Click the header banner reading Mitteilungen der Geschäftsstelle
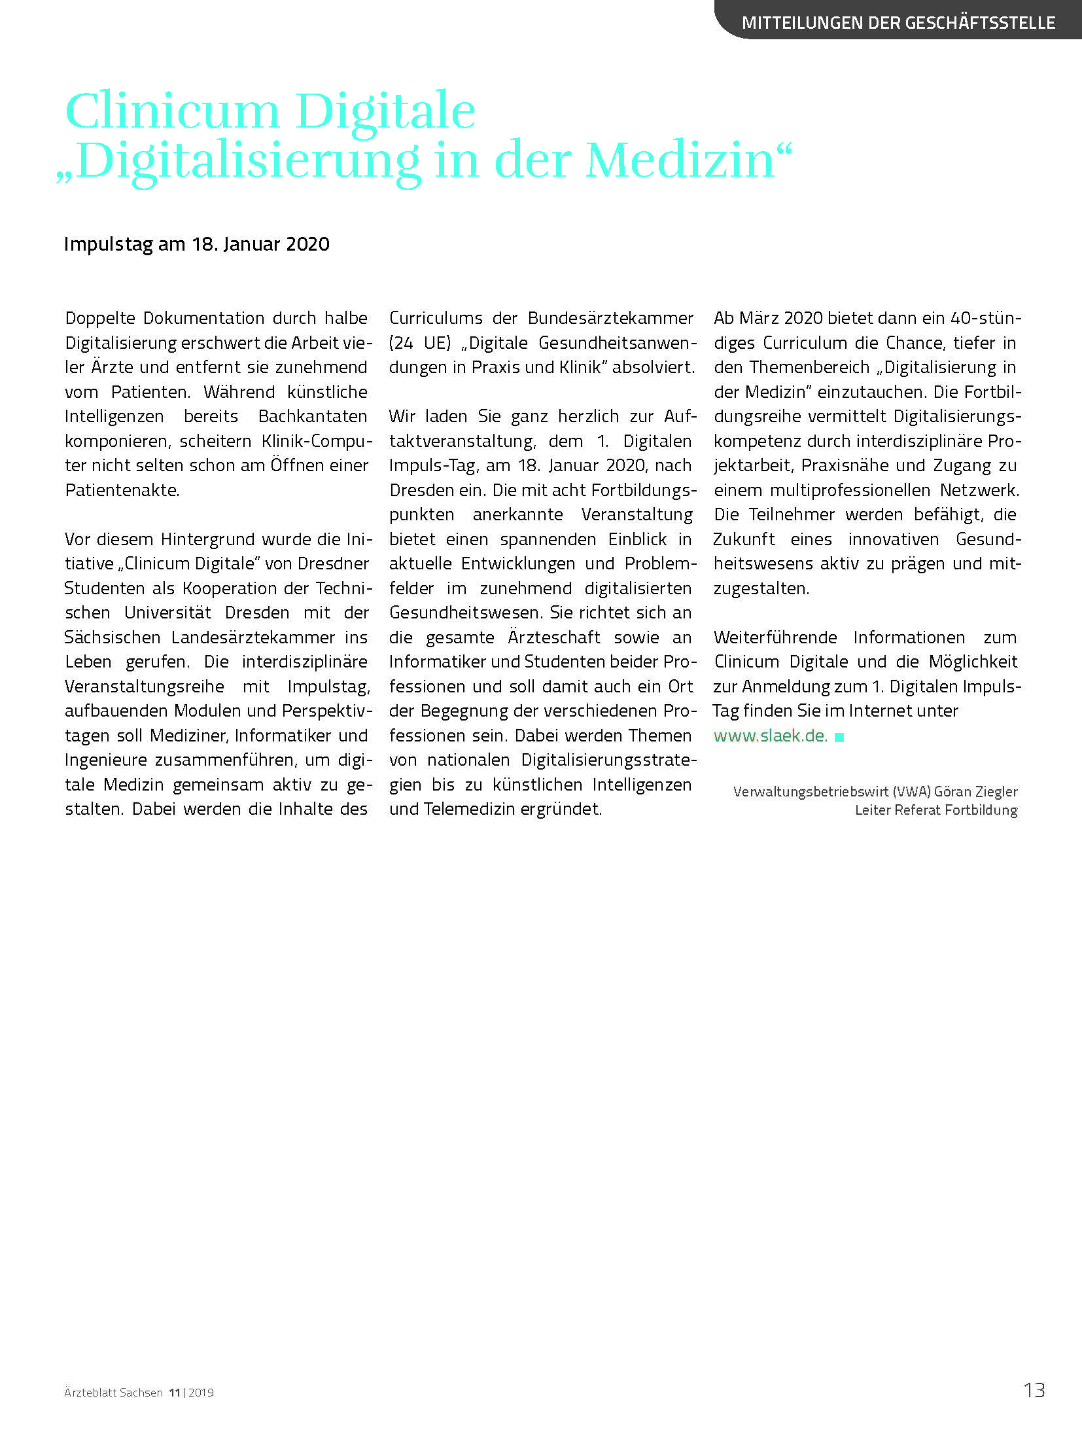(x=898, y=23)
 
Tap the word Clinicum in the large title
(x=172, y=111)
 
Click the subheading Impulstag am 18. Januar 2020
(x=196, y=244)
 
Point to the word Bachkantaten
(x=313, y=416)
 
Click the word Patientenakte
(x=122, y=490)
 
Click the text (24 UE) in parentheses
(x=420, y=343)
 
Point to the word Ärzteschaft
(x=554, y=637)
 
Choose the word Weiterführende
(x=775, y=637)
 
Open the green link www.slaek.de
(x=770, y=736)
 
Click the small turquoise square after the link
(x=839, y=738)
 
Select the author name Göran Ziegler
(x=975, y=792)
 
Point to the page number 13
(x=1034, y=1390)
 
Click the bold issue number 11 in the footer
(x=174, y=1393)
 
